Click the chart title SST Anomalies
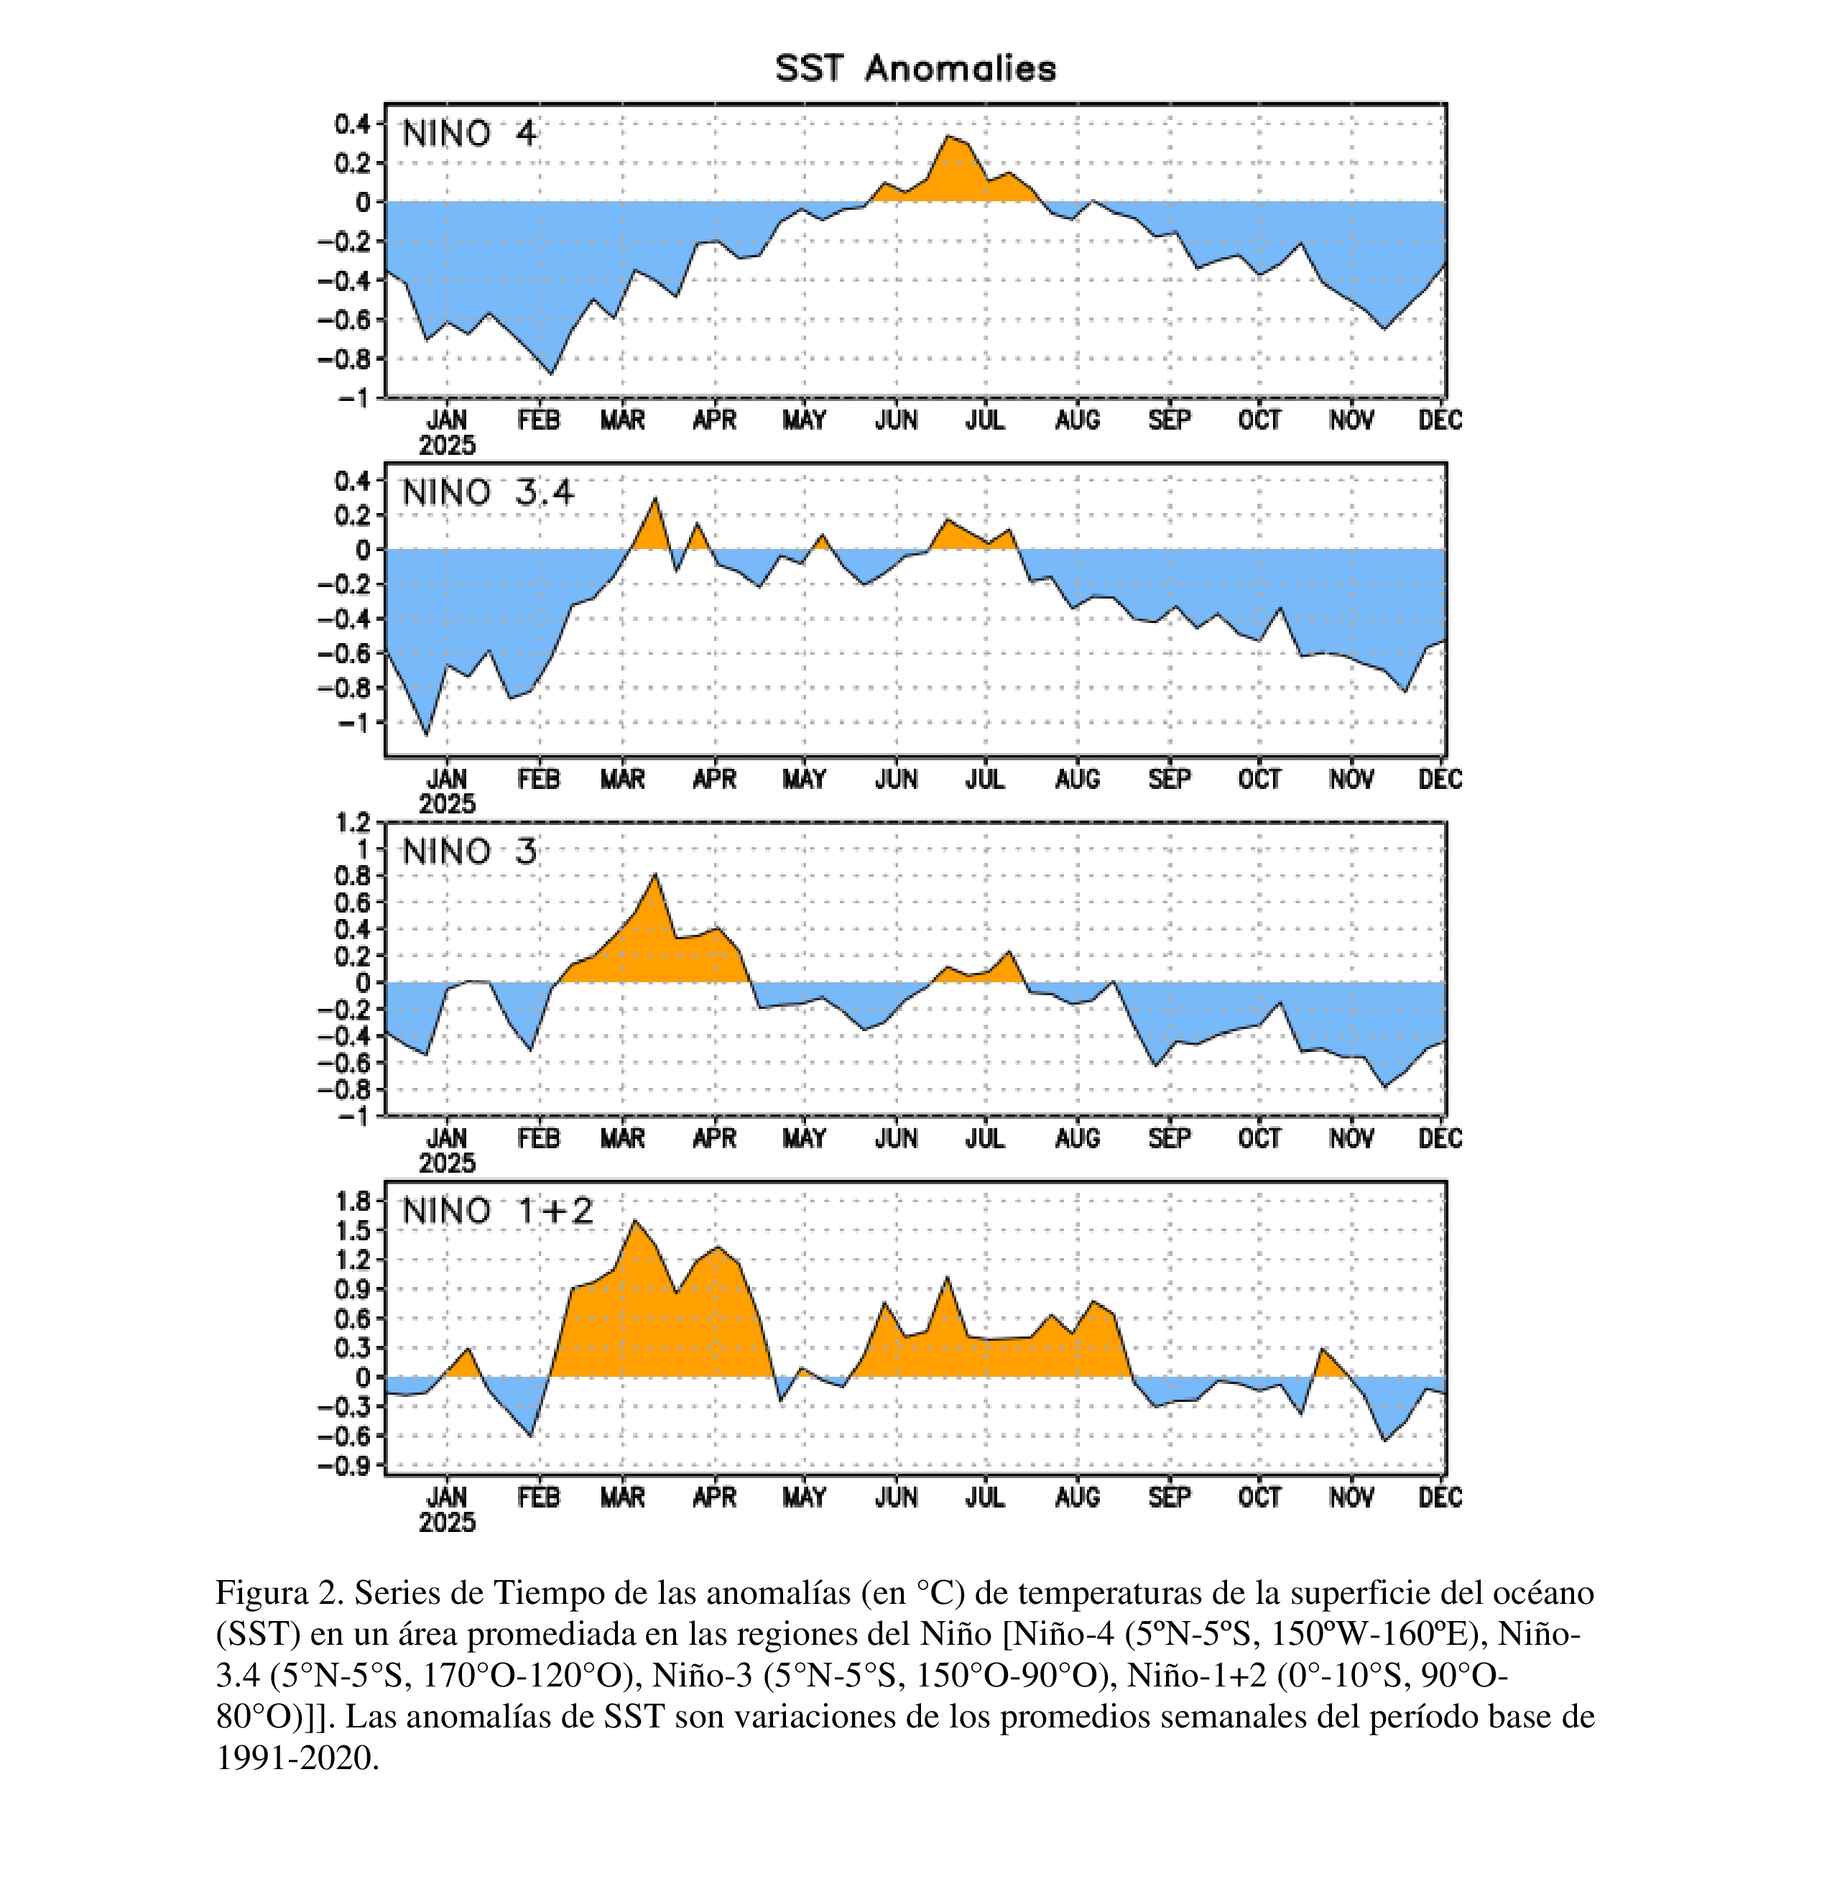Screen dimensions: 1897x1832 point(915,69)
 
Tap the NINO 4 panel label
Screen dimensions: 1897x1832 point(468,134)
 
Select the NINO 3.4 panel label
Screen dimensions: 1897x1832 point(488,493)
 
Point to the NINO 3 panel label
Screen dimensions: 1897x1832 point(468,851)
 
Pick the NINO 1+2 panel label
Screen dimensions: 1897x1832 point(497,1211)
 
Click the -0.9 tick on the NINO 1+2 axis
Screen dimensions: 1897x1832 point(346,1465)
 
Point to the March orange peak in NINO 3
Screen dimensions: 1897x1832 point(655,875)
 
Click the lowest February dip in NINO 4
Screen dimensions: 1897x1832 point(552,374)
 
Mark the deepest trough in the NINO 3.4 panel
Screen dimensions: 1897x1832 point(427,734)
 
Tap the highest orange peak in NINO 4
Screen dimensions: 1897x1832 point(948,137)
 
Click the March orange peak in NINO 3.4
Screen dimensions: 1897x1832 point(655,499)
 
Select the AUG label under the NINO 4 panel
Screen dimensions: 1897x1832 point(1077,420)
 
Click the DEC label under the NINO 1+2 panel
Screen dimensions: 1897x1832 point(1440,1497)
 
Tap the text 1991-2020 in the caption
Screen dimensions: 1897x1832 point(295,1758)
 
